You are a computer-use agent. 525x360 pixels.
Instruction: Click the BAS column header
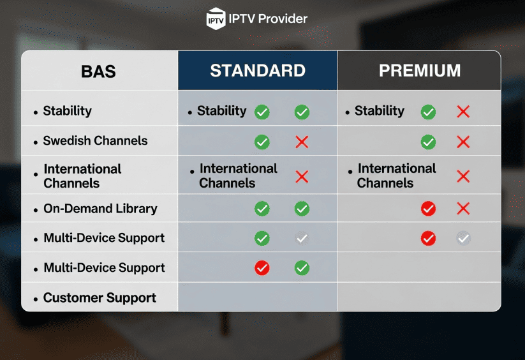[98, 71]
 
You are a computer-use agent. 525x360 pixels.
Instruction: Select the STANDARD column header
[258, 70]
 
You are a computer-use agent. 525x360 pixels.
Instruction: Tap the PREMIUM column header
[419, 70]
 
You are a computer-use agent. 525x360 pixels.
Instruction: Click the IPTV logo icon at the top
[216, 19]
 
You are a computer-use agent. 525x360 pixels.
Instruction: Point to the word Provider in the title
[281, 19]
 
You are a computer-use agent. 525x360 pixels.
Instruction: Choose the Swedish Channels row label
[95, 141]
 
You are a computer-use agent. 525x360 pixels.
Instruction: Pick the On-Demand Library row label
[100, 209]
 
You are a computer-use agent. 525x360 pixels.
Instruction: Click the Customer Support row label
[100, 298]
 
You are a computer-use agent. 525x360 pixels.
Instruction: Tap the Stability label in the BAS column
[67, 111]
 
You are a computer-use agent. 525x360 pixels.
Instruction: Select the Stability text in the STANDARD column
[221, 111]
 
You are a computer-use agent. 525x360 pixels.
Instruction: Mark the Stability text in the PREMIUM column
[379, 111]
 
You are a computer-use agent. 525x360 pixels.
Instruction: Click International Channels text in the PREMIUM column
[396, 176]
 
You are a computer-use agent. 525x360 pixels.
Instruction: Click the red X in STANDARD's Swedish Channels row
[302, 142]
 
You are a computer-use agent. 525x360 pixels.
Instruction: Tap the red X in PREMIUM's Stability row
[463, 112]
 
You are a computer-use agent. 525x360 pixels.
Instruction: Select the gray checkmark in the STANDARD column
[302, 239]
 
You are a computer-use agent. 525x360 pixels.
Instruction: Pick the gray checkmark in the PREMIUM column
[463, 239]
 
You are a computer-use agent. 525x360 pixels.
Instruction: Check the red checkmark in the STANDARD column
[262, 268]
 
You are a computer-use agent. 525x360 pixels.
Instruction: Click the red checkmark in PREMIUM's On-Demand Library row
[428, 209]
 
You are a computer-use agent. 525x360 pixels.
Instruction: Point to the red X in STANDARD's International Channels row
[302, 177]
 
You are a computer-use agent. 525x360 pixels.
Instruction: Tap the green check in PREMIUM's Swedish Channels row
[428, 142]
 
